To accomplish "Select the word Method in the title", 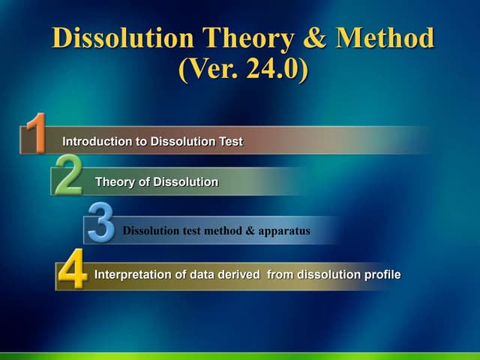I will point(383,38).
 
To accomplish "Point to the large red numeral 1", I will point(34,133).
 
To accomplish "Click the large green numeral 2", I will point(68,175).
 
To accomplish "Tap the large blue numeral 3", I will point(100,223).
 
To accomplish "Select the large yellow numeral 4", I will point(73,271).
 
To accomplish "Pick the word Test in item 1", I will point(230,141).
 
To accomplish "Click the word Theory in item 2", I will point(114,182).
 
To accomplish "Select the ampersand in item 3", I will point(250,231).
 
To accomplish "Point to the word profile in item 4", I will point(382,274).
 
